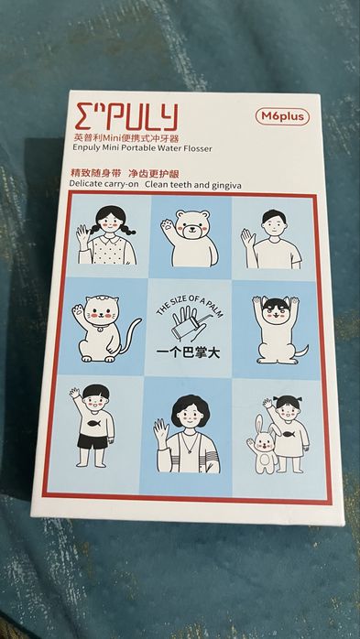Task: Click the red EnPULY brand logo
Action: (126, 117)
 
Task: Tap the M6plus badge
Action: (282, 117)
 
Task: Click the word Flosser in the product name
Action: (197, 148)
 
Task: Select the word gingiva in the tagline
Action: (226, 186)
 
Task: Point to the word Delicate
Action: (84, 183)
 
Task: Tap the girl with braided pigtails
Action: (107, 235)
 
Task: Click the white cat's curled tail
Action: (130, 335)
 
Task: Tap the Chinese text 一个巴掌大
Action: (188, 352)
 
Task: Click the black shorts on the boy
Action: (93, 441)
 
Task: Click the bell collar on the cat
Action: (96, 326)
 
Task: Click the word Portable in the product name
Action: (132, 147)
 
